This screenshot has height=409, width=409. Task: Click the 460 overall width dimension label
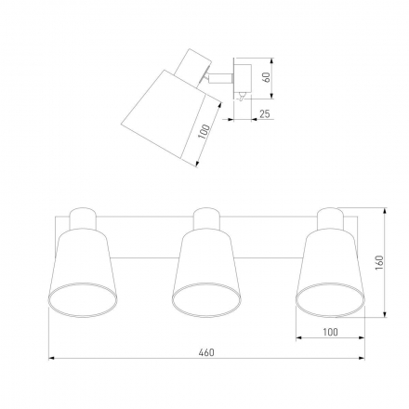[206, 352]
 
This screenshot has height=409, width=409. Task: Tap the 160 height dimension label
[379, 262]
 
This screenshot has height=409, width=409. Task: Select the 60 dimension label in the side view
[266, 77]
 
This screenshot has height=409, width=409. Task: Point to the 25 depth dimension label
[265, 114]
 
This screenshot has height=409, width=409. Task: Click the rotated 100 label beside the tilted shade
[204, 131]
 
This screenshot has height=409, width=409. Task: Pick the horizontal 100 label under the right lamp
[330, 332]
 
